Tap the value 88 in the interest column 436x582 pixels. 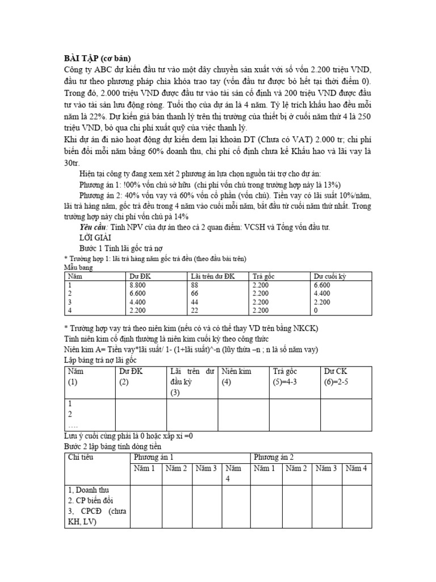pos(198,285)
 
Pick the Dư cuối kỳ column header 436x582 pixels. pos(331,276)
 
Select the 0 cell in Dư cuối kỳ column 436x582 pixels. pos(315,310)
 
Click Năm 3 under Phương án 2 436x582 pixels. pos(326,468)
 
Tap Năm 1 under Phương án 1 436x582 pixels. pos(144,468)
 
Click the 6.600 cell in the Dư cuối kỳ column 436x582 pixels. pos(322,285)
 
